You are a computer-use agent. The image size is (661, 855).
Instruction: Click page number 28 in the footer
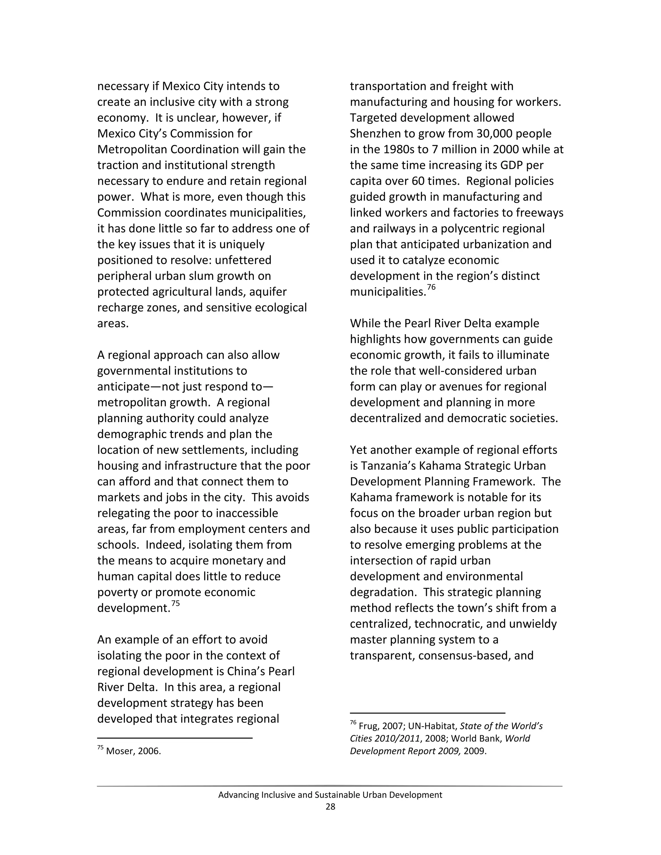(330, 807)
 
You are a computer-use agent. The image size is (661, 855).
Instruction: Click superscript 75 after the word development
(176, 603)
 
